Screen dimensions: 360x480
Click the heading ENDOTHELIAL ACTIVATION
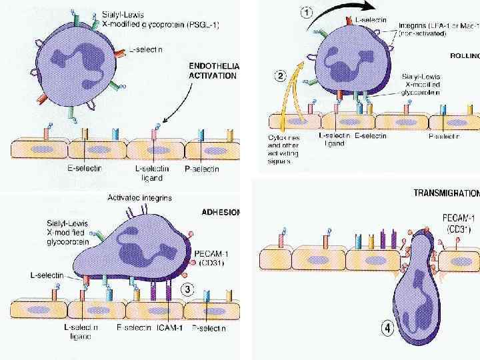pyautogui.click(x=215, y=71)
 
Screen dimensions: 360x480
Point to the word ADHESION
pyautogui.click(x=221, y=213)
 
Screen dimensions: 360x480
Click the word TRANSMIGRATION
pyautogui.click(x=446, y=193)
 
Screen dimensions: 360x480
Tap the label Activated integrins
pyautogui.click(x=140, y=198)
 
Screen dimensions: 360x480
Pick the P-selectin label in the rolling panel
pyautogui.click(x=443, y=136)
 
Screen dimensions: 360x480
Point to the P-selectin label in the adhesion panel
pyautogui.click(x=208, y=328)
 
